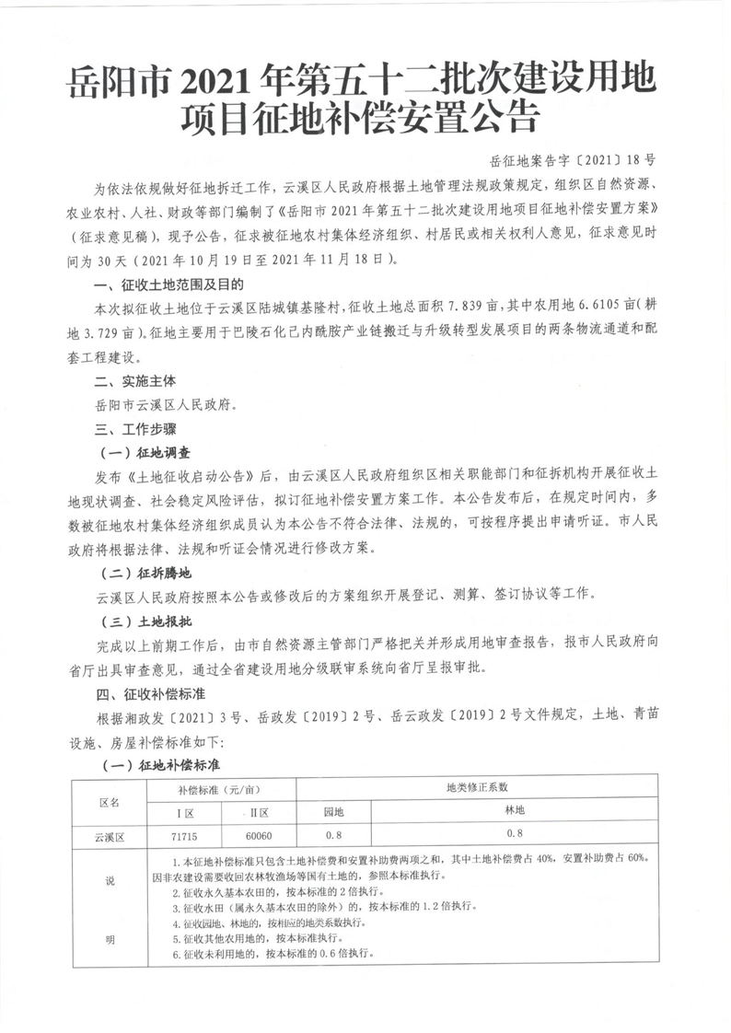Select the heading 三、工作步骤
(x=123, y=427)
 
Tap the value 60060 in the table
(x=259, y=836)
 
